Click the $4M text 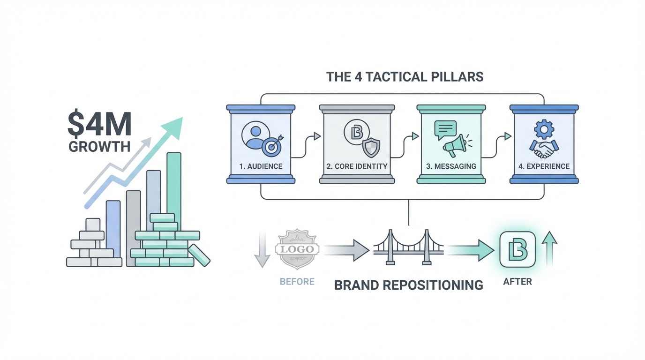99,124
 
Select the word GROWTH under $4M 99,147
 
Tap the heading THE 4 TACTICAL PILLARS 405,77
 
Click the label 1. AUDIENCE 261,166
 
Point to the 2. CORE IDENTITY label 357,166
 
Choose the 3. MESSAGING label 451,166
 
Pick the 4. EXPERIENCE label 544,166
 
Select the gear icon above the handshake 544,129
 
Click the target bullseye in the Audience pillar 272,146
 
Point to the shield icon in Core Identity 371,148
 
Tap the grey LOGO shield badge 297,249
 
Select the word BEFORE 297,282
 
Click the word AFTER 517,282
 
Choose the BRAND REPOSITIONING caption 408,285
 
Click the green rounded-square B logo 517,249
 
